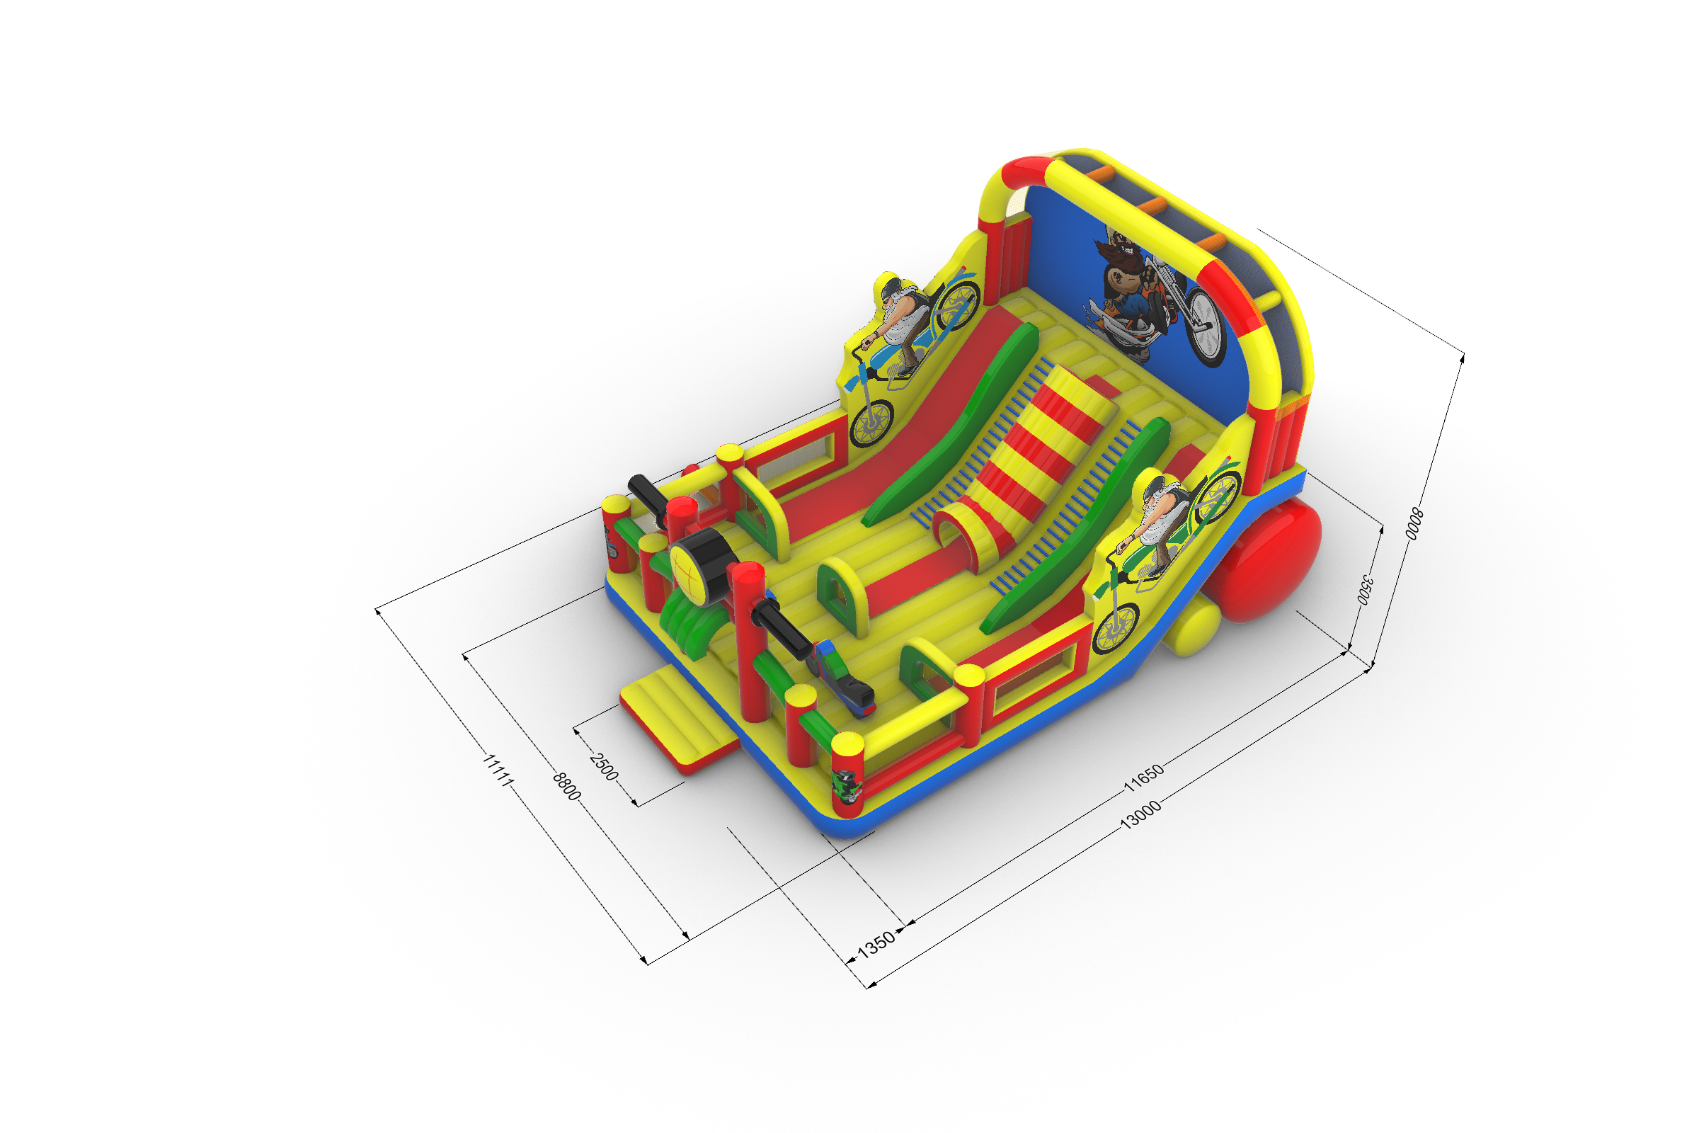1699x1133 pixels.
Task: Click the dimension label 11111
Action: [498, 770]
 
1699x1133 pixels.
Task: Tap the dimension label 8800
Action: [567, 786]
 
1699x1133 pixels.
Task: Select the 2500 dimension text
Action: [604, 767]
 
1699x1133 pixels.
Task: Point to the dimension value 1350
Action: [876, 944]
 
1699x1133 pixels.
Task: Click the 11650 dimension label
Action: [1143, 777]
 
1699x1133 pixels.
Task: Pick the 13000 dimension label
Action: [1140, 814]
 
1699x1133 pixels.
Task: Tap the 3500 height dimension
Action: [1365, 589]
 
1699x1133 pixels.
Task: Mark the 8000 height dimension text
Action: [1414, 524]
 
